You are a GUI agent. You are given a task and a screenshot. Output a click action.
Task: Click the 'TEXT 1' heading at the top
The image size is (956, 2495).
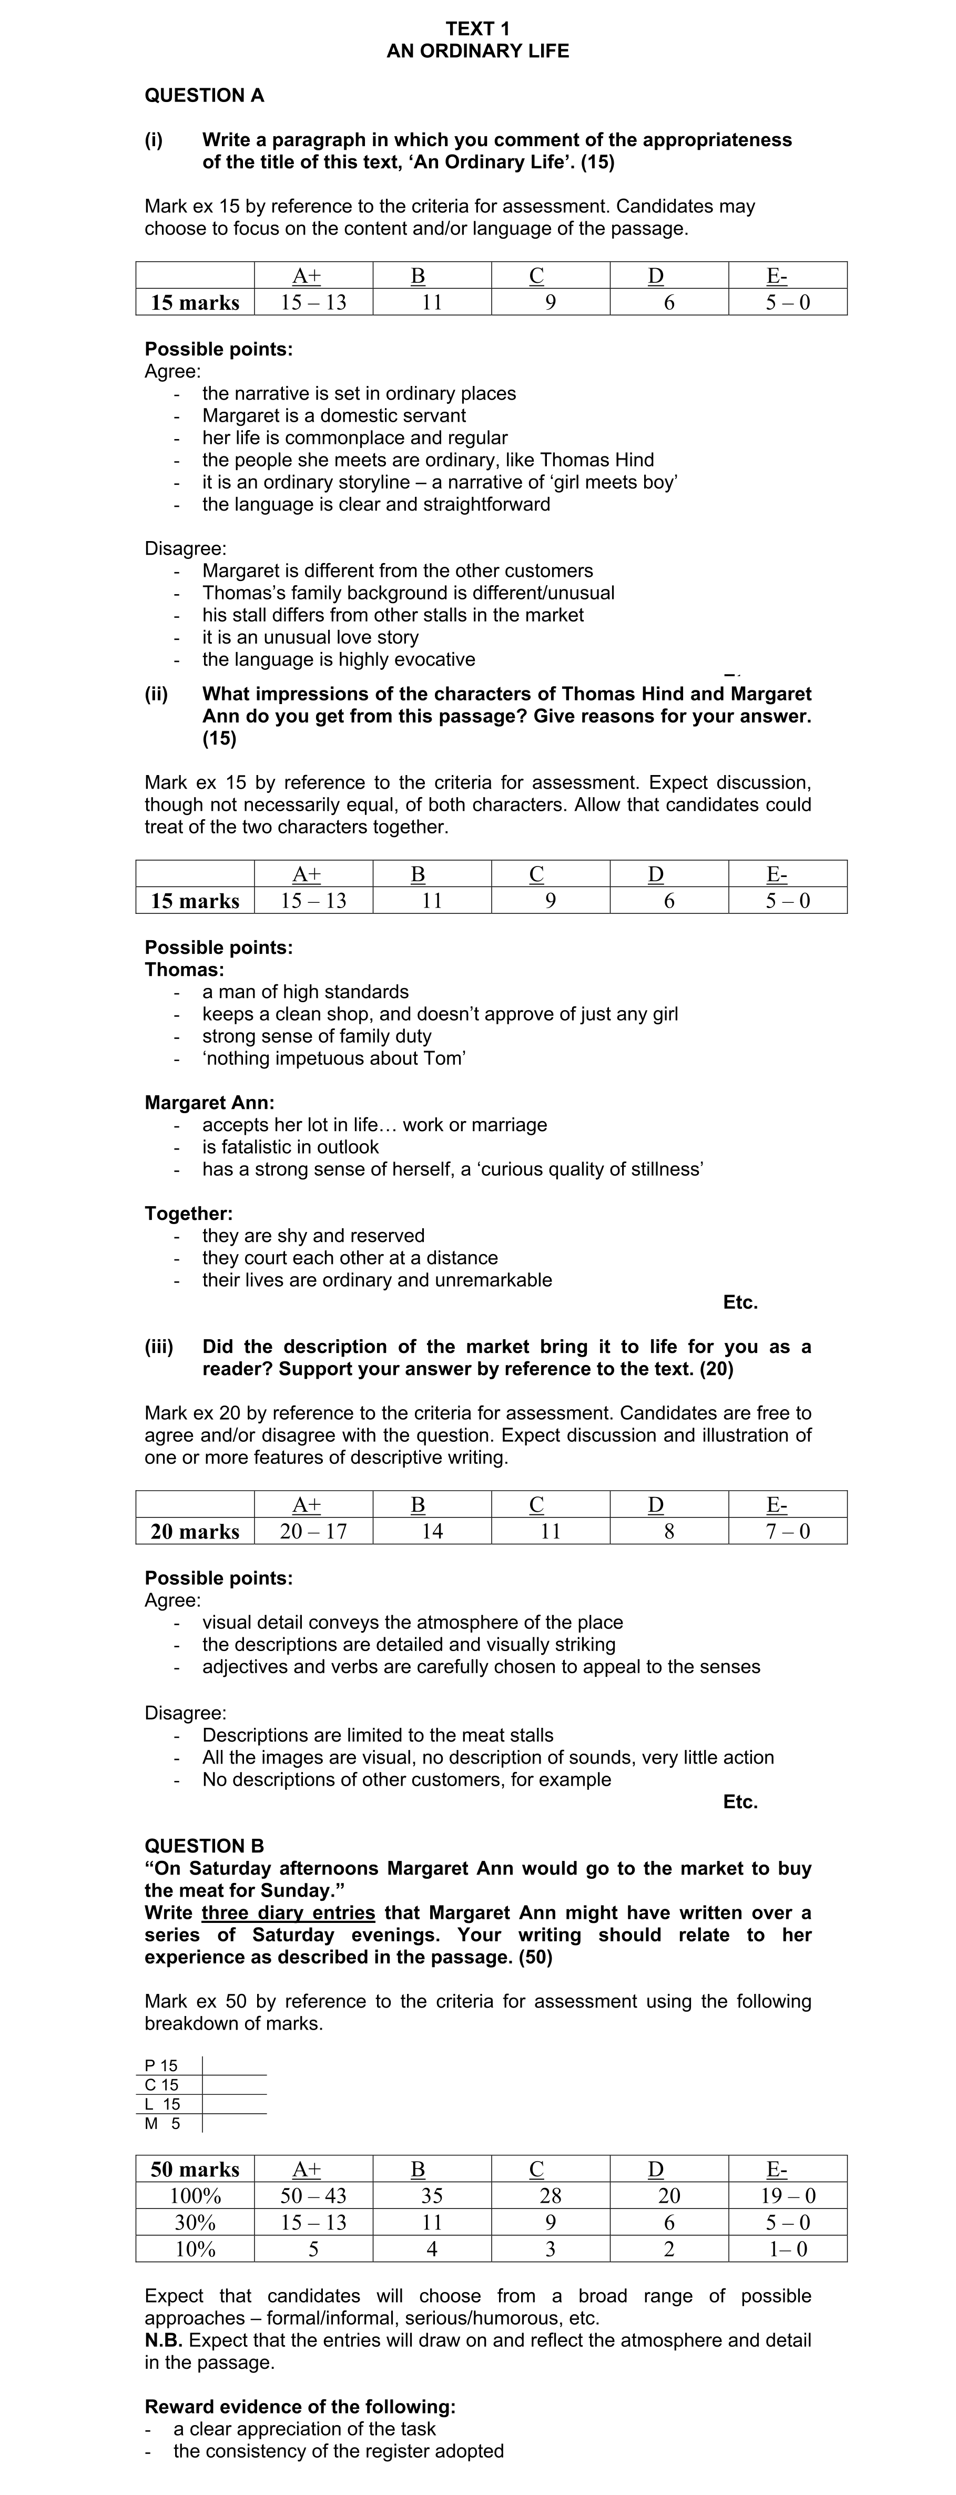click(x=477, y=29)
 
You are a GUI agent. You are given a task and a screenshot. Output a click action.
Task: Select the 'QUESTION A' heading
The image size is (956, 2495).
click(x=205, y=96)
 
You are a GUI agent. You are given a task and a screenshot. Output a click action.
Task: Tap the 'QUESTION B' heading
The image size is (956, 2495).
click(x=205, y=1846)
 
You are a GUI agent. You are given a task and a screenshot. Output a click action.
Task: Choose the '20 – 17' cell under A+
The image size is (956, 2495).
click(x=313, y=1531)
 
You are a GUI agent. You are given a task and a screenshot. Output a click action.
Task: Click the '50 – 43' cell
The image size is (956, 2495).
click(x=313, y=2196)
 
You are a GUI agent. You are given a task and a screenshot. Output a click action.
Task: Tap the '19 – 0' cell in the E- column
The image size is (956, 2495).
click(x=788, y=2196)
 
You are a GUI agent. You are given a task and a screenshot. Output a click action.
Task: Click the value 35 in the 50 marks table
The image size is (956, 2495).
click(x=432, y=2196)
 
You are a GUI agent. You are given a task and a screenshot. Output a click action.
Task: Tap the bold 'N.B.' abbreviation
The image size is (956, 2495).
click(x=165, y=2340)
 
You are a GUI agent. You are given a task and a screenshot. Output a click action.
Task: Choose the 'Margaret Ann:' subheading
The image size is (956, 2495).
click(x=209, y=1102)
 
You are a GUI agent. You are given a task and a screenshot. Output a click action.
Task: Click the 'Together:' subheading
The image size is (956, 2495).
click(x=189, y=1214)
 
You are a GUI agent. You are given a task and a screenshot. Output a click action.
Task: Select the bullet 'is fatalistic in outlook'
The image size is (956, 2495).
click(x=291, y=1147)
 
